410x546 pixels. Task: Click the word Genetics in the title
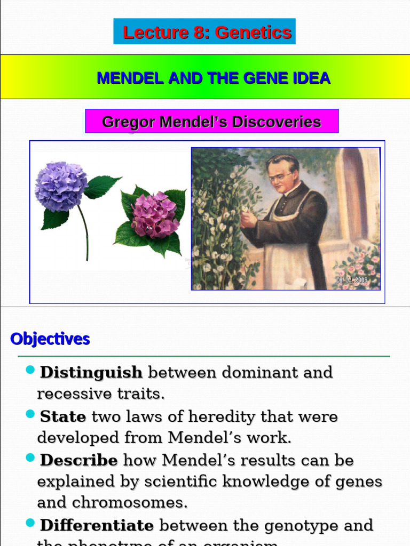(x=254, y=33)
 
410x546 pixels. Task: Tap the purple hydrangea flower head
(x=61, y=186)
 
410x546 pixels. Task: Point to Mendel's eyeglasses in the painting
(x=281, y=176)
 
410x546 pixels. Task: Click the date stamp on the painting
(x=352, y=280)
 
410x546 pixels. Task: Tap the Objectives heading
(x=50, y=339)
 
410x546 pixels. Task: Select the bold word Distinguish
(x=91, y=372)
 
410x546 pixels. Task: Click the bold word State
(x=63, y=416)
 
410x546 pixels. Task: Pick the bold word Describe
(x=79, y=460)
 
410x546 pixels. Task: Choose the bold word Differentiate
(x=97, y=525)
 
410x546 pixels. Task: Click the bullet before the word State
(x=30, y=414)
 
